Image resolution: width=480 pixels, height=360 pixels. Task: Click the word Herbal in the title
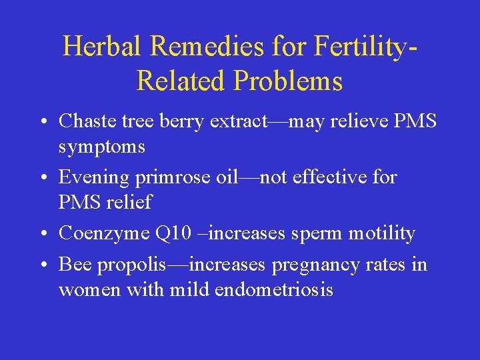click(103, 46)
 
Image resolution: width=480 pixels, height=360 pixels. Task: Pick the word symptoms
click(101, 147)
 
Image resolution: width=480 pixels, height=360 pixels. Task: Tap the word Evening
click(93, 177)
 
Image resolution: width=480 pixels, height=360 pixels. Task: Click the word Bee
click(75, 265)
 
